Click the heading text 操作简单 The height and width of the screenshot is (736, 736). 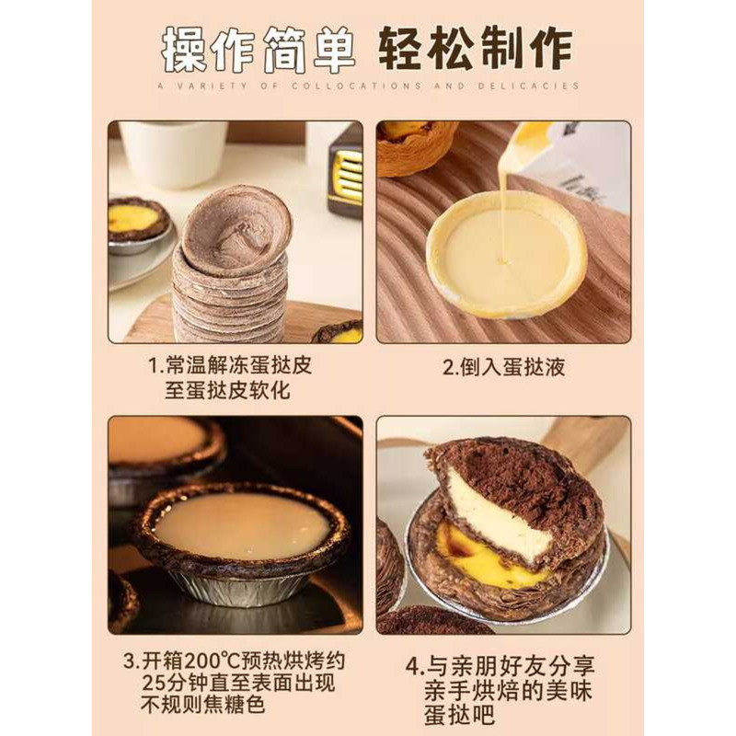[258, 49]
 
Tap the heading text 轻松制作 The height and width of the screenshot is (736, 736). [476, 49]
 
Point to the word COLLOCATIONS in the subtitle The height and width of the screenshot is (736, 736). [356, 86]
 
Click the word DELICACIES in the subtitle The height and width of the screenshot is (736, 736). [530, 86]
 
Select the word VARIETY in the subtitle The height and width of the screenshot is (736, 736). [213, 86]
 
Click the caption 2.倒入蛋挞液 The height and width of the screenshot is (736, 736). [503, 367]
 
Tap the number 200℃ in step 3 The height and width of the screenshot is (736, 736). [213, 661]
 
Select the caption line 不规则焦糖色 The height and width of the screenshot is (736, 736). [203, 705]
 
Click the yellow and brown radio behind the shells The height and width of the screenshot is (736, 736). [346, 173]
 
